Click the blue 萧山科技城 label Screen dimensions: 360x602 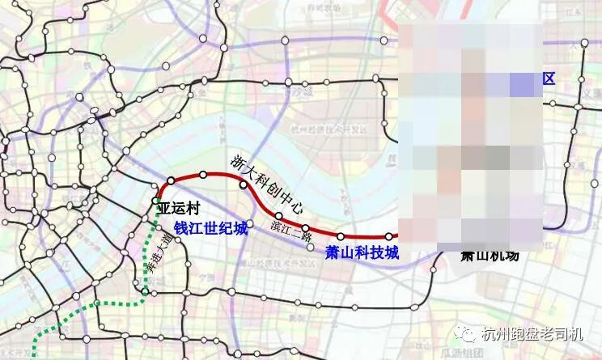coord(362,252)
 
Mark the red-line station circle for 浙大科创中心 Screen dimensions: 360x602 coord(243,185)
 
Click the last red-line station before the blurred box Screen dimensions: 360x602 coord(388,236)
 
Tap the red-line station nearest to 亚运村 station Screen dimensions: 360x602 coord(172,180)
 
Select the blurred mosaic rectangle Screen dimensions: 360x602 coord(471,133)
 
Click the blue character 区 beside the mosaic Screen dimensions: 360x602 coord(549,78)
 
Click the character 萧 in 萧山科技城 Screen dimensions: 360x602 coord(332,252)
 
